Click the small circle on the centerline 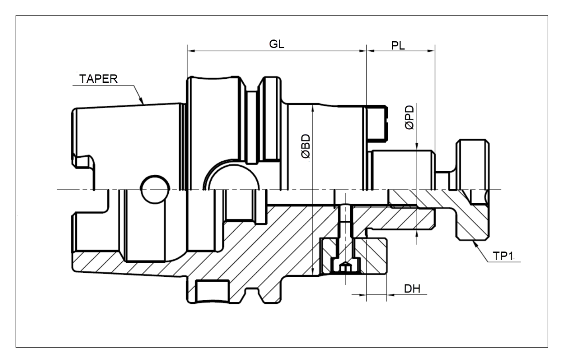coord(154,189)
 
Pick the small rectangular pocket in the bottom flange coord(213,291)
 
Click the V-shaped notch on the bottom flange coord(252,293)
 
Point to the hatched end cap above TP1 coord(473,215)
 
